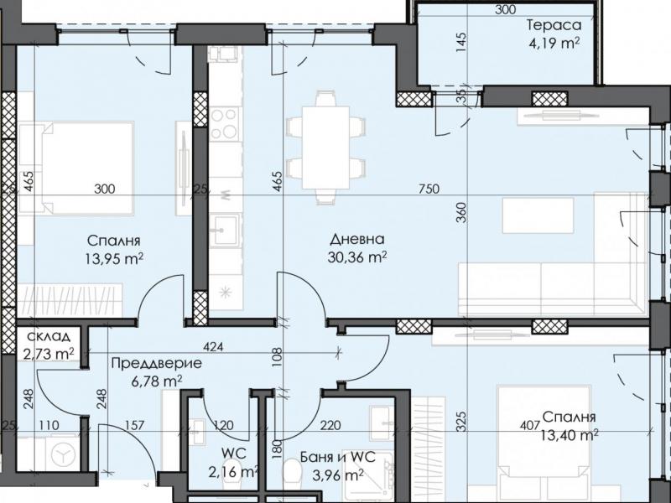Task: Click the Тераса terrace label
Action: [x=554, y=25]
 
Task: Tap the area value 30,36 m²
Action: [x=358, y=257]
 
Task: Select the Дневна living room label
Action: [x=358, y=239]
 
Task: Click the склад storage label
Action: [x=48, y=336]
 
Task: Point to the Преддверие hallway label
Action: [x=156, y=363]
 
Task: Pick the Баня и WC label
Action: [x=338, y=457]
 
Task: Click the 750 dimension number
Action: [x=429, y=188]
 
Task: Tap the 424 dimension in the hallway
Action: [x=213, y=346]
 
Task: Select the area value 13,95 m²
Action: [x=114, y=258]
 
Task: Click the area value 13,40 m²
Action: [x=570, y=435]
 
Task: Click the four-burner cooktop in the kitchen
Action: [x=224, y=123]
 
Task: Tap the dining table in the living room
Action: [x=325, y=148]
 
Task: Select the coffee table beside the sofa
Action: [x=538, y=215]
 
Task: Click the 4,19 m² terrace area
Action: [x=553, y=43]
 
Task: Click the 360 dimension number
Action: [x=460, y=212]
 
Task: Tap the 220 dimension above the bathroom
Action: [x=330, y=425]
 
